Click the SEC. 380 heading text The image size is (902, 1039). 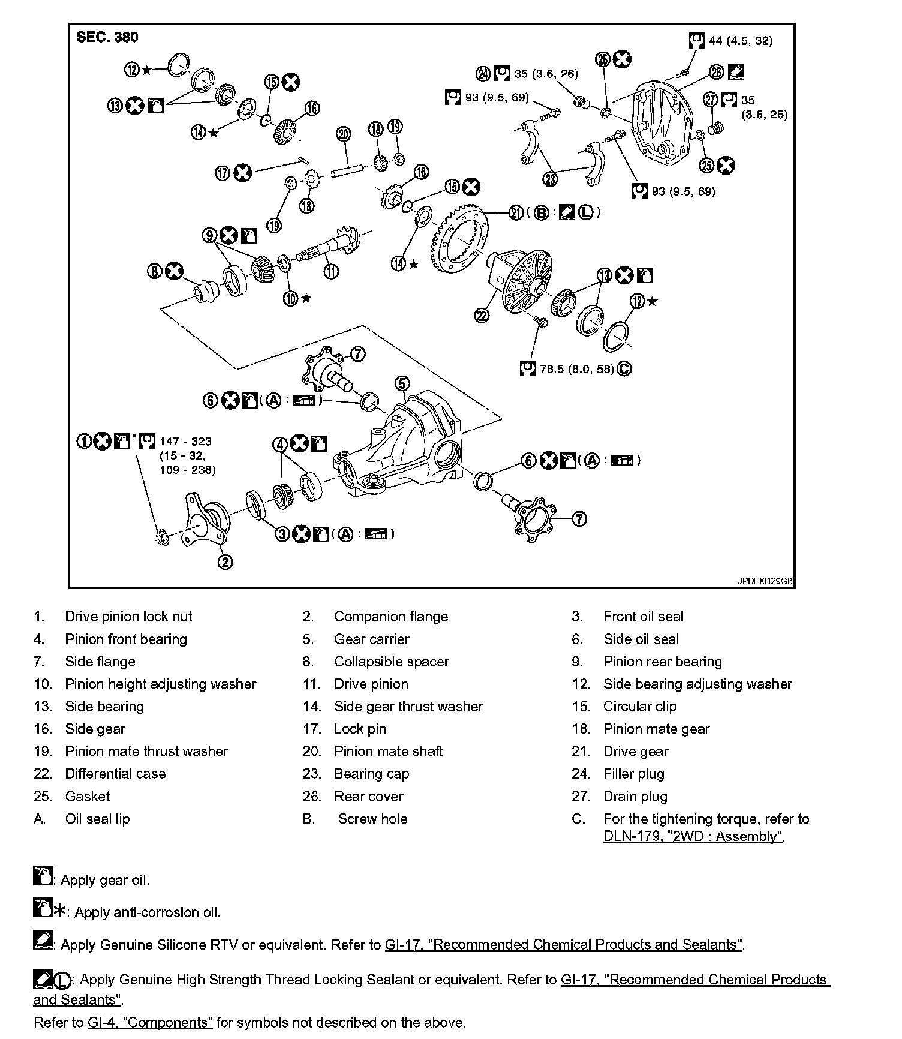coord(107,37)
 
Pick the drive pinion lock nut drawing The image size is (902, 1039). coord(161,537)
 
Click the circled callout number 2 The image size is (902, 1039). coord(225,562)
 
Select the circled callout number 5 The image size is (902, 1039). coord(402,383)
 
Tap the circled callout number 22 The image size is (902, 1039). coord(482,315)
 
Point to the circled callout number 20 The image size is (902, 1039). coord(343,133)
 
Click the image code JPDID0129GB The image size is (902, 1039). coord(765,581)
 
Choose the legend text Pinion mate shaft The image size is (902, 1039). coord(388,751)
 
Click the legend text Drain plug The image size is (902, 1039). coord(635,797)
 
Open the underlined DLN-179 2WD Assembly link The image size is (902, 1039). coord(693,836)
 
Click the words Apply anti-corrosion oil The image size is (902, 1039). coord(148,912)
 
